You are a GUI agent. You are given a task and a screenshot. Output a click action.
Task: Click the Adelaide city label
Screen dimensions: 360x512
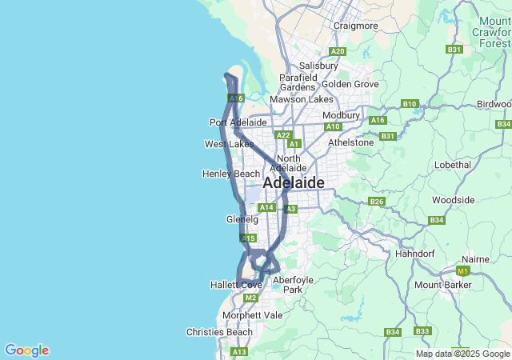point(294,183)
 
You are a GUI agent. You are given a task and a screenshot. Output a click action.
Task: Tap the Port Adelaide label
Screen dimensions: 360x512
point(238,122)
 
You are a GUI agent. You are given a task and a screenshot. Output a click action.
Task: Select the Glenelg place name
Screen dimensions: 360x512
point(242,219)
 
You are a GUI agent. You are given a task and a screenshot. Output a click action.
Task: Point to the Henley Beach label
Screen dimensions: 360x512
point(232,174)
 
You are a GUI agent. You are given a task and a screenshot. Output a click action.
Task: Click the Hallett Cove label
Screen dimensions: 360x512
point(236,285)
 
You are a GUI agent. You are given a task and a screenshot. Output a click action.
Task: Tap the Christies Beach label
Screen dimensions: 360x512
point(219,332)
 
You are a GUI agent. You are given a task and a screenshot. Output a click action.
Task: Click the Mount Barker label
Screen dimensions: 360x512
point(442,285)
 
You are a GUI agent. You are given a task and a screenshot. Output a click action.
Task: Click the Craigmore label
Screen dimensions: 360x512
point(356,26)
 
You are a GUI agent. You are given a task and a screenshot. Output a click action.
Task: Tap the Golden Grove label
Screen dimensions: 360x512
point(350,83)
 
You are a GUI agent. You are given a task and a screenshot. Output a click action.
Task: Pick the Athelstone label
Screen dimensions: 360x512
point(351,142)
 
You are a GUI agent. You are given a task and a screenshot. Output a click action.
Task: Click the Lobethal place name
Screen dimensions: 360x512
point(453,164)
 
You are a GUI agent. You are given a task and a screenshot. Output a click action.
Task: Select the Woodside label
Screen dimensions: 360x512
point(453,200)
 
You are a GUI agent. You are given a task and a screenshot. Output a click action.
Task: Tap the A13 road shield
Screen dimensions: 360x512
point(239,352)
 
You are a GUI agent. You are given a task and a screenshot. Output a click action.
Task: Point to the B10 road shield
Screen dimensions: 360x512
point(410,104)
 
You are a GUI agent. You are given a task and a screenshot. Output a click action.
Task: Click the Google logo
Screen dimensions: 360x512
point(26,350)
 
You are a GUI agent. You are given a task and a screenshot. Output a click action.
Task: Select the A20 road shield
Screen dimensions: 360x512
point(338,51)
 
